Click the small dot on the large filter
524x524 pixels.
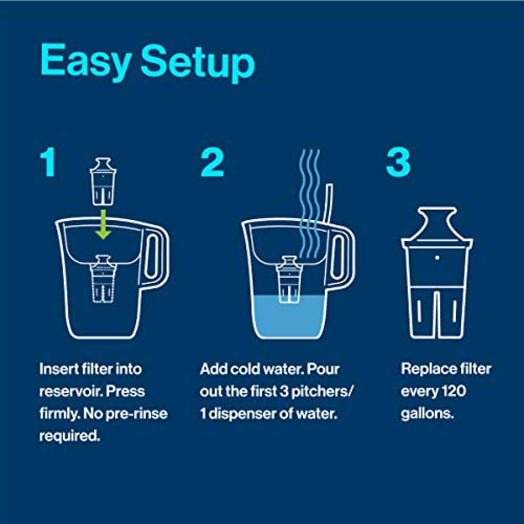[437, 257]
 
